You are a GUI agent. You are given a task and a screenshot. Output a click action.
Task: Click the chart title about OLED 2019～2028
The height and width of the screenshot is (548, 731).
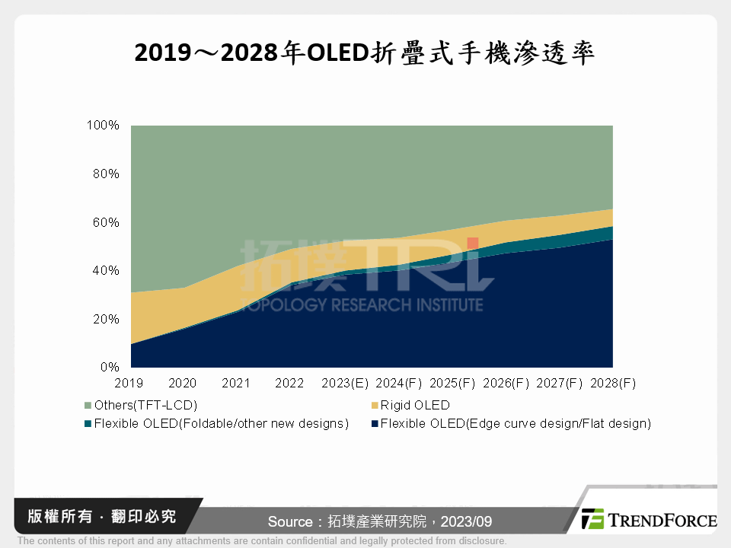point(365,53)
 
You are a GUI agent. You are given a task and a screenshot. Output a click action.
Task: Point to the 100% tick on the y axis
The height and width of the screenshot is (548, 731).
point(103,126)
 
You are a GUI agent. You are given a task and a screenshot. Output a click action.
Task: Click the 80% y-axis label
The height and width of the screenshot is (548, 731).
point(106,174)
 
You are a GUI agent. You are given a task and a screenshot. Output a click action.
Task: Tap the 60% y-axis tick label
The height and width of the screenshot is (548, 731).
point(106,222)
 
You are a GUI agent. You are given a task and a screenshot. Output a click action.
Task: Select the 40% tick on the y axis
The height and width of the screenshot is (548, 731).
point(106,271)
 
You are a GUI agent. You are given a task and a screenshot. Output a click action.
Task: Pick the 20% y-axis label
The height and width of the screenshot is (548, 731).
point(106,319)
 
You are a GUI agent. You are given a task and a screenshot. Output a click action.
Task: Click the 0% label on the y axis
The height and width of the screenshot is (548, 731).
point(110,367)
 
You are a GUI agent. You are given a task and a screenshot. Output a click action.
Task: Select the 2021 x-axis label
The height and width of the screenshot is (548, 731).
point(236,383)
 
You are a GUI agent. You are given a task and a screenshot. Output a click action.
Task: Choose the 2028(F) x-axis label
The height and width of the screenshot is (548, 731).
point(613,383)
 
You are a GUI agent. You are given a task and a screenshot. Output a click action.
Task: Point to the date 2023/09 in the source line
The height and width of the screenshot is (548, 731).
point(470,521)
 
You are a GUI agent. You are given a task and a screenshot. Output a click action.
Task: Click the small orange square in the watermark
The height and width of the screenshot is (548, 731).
point(473,243)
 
